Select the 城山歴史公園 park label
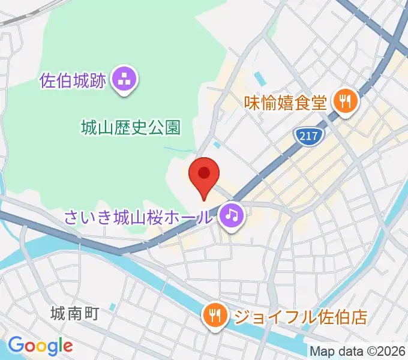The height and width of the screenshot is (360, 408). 130,127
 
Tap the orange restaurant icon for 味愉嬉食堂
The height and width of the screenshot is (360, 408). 345,101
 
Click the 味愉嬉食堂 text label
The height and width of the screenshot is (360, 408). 286,102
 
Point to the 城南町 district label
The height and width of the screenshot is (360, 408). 74,313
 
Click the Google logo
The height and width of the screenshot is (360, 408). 40,345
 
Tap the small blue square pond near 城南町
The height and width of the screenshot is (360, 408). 113,307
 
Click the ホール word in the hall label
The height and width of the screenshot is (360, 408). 194,216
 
